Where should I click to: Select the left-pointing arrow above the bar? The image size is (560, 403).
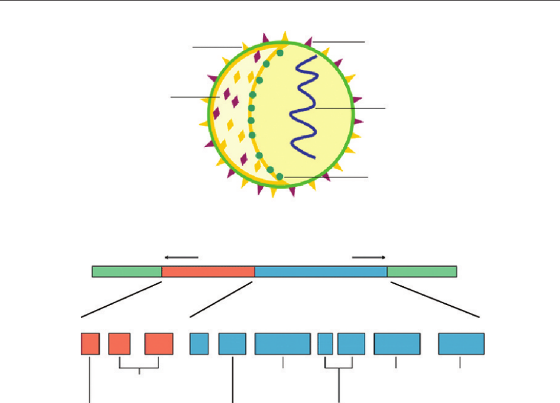pos(181,257)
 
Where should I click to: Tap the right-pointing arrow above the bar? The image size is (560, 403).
pos(369,257)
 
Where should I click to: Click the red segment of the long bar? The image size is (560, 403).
pos(208,271)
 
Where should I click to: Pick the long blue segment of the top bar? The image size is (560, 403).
pos(321,271)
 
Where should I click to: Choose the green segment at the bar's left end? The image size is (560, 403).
pos(126,271)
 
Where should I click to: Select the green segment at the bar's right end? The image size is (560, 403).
pos(422,271)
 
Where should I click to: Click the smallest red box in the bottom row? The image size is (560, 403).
pos(90,344)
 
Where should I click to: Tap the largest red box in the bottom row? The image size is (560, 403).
pos(159,344)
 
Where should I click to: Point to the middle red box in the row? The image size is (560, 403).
pos(119,344)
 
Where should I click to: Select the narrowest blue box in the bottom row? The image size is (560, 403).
pos(325,344)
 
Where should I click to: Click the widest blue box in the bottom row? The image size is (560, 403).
pos(283,344)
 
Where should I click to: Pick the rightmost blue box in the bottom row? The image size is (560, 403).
pos(461,344)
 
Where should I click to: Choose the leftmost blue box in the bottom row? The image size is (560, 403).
pos(199,344)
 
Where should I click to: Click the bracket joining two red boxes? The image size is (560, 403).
pos(139,368)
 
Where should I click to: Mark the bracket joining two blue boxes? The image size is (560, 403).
pos(339,368)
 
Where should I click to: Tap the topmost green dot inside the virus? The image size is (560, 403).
pos(280,53)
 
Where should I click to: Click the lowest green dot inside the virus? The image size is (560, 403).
pos(280,176)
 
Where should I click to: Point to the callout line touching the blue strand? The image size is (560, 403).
pos(350,108)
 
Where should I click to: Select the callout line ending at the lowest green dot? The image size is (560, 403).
pos(327,177)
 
